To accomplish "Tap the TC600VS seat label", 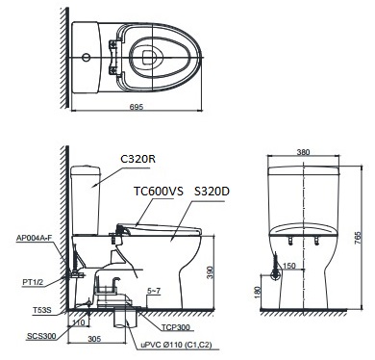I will pos(158,192).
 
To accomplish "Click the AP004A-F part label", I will pos(36,237).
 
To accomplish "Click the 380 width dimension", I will pos(305,151).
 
